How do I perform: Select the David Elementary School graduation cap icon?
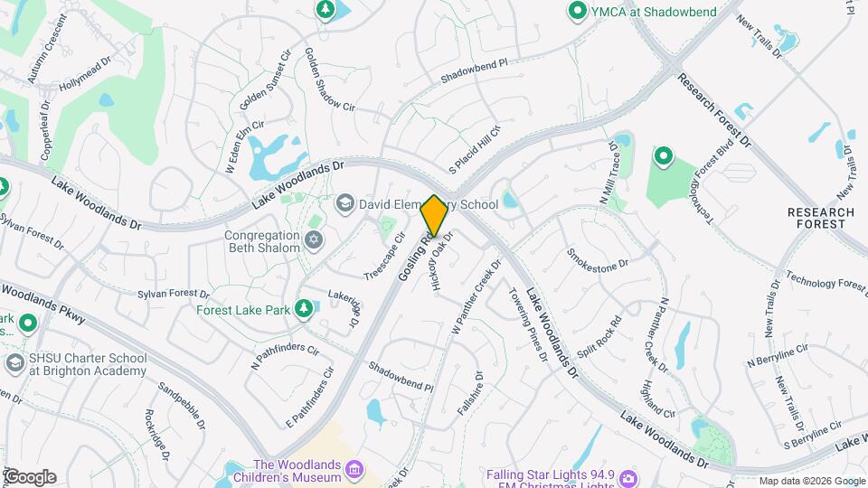pyautogui.click(x=344, y=204)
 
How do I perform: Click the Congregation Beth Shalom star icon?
pyautogui.click(x=314, y=240)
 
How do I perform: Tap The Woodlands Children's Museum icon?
pyautogui.click(x=354, y=468)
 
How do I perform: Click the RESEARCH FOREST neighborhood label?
pyautogui.click(x=821, y=218)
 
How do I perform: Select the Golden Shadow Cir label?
pyautogui.click(x=328, y=80)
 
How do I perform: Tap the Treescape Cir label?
pyautogui.click(x=384, y=261)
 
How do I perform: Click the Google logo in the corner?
pyautogui.click(x=29, y=477)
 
